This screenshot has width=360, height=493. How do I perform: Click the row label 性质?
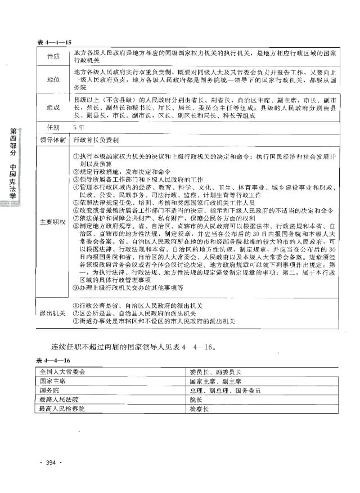coord(52,57)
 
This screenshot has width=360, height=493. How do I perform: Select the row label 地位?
coord(52,80)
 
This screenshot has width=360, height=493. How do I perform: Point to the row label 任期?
coord(52,127)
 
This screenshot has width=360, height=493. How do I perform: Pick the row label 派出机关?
coord(52,313)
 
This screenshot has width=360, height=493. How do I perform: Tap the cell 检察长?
coord(199,409)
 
